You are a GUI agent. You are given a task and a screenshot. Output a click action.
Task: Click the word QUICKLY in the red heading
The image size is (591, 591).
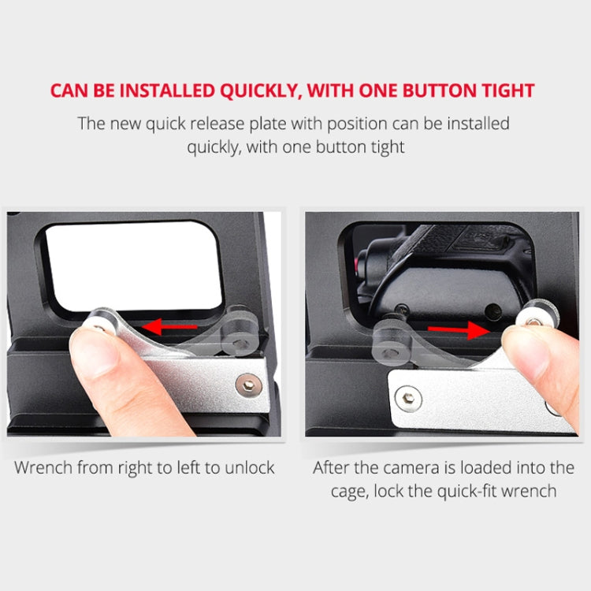coord(261,91)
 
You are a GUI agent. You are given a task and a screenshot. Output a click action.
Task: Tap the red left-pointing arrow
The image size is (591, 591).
coord(169,326)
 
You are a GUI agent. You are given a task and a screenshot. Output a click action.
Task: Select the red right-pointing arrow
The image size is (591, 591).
coord(459,330)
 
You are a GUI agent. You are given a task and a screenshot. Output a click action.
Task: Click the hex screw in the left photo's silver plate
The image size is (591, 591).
coord(249,385)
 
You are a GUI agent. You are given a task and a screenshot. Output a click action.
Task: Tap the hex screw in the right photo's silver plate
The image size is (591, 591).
coord(408,399)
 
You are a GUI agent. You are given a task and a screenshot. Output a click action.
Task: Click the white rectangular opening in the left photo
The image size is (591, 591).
coord(134,266)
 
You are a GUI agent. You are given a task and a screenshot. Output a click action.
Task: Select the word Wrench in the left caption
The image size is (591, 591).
coord(43,468)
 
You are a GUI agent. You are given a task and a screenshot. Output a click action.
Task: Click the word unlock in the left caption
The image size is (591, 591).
coord(250,468)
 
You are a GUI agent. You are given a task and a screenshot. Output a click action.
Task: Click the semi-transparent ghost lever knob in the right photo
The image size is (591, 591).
coord(391,342)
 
